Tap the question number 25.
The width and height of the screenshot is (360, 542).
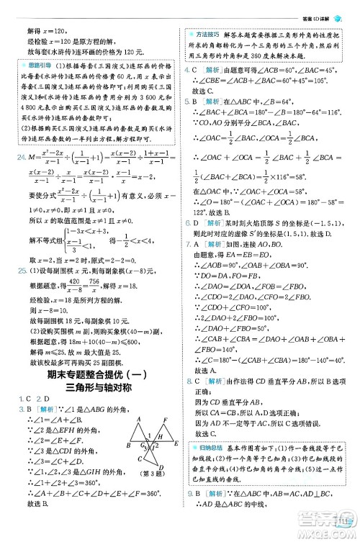(x=20, y=271)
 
